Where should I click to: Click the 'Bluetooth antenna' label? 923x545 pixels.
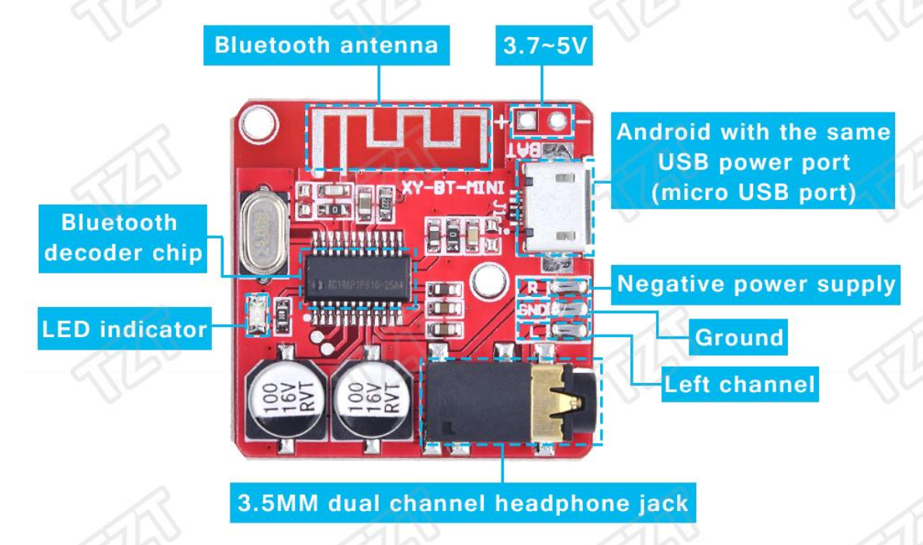[x=326, y=45]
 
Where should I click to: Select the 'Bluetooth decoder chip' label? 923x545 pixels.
[x=123, y=237]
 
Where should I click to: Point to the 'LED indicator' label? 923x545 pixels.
[x=124, y=329]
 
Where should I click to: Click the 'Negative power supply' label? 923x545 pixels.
[x=756, y=285]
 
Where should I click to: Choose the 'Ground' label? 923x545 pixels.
[x=738, y=337]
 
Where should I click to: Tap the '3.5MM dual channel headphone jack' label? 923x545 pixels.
[x=464, y=503]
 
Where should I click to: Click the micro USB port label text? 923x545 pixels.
[x=752, y=162]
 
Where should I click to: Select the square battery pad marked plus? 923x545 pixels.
[x=528, y=121]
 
